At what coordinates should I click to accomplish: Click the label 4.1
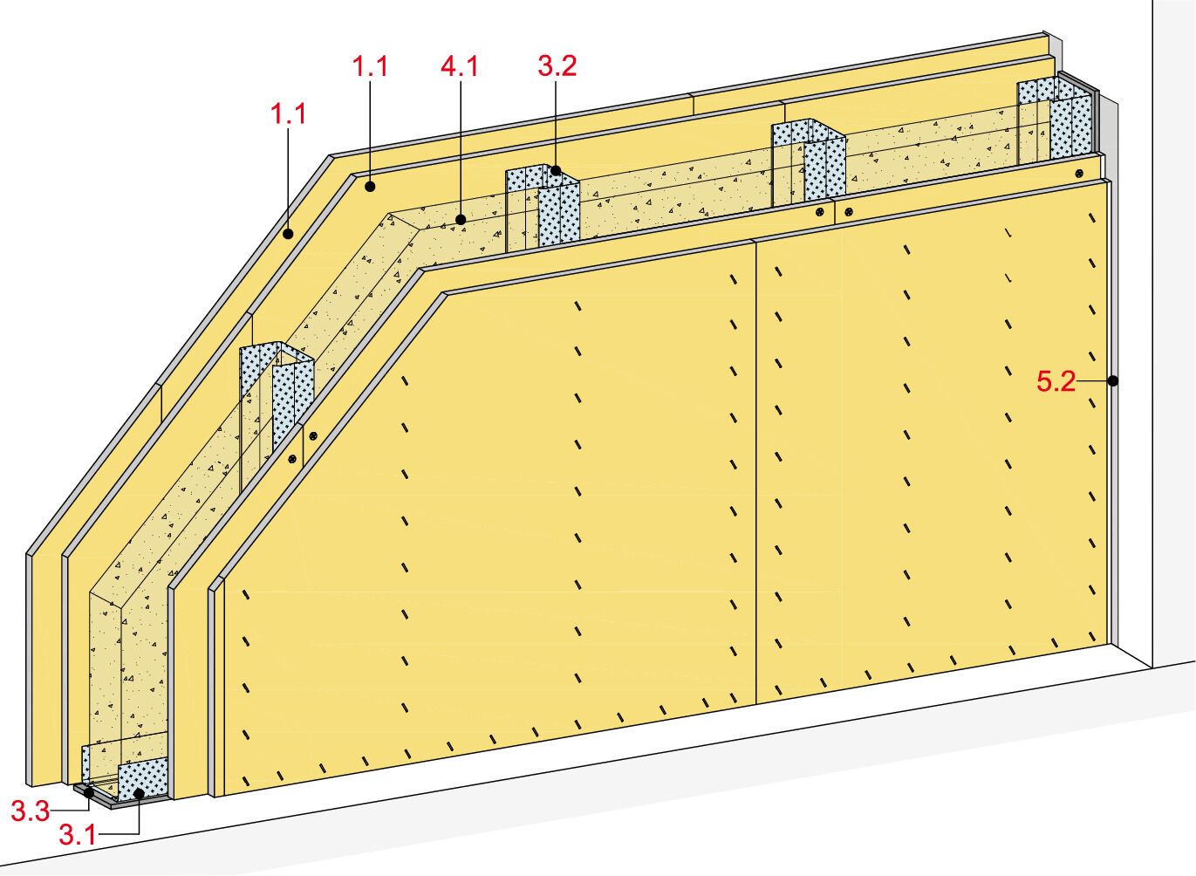click(460, 67)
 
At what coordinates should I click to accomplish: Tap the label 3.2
click(557, 67)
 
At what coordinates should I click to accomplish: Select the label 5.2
click(1056, 381)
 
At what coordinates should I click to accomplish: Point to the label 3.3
click(29, 811)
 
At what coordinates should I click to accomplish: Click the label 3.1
click(77, 835)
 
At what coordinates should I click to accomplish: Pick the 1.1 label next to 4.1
click(369, 67)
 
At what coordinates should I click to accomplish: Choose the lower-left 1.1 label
click(289, 114)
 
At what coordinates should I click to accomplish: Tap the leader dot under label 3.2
click(555, 173)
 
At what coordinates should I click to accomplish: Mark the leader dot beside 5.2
click(1113, 380)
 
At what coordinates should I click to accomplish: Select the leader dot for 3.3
click(88, 793)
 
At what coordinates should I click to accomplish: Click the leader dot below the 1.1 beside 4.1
click(371, 186)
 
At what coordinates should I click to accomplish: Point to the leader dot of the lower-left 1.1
click(290, 234)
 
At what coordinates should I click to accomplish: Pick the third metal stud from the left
click(807, 161)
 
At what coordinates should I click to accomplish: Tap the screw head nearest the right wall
click(1079, 174)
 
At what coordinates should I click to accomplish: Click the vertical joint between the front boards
click(754, 471)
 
